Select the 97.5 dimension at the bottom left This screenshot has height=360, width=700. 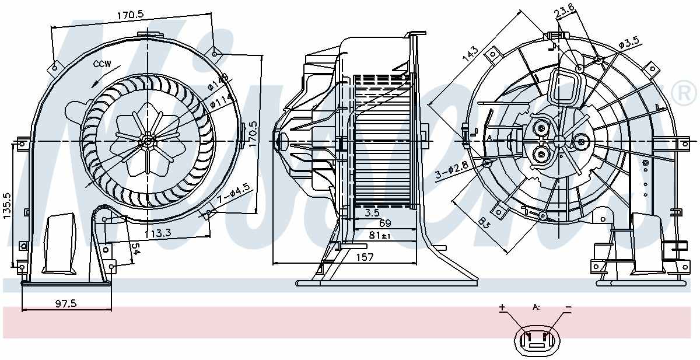(x=66, y=303)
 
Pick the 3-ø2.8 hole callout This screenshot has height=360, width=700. (x=450, y=173)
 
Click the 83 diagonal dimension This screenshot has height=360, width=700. (x=484, y=223)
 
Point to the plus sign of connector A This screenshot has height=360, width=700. (x=502, y=307)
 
